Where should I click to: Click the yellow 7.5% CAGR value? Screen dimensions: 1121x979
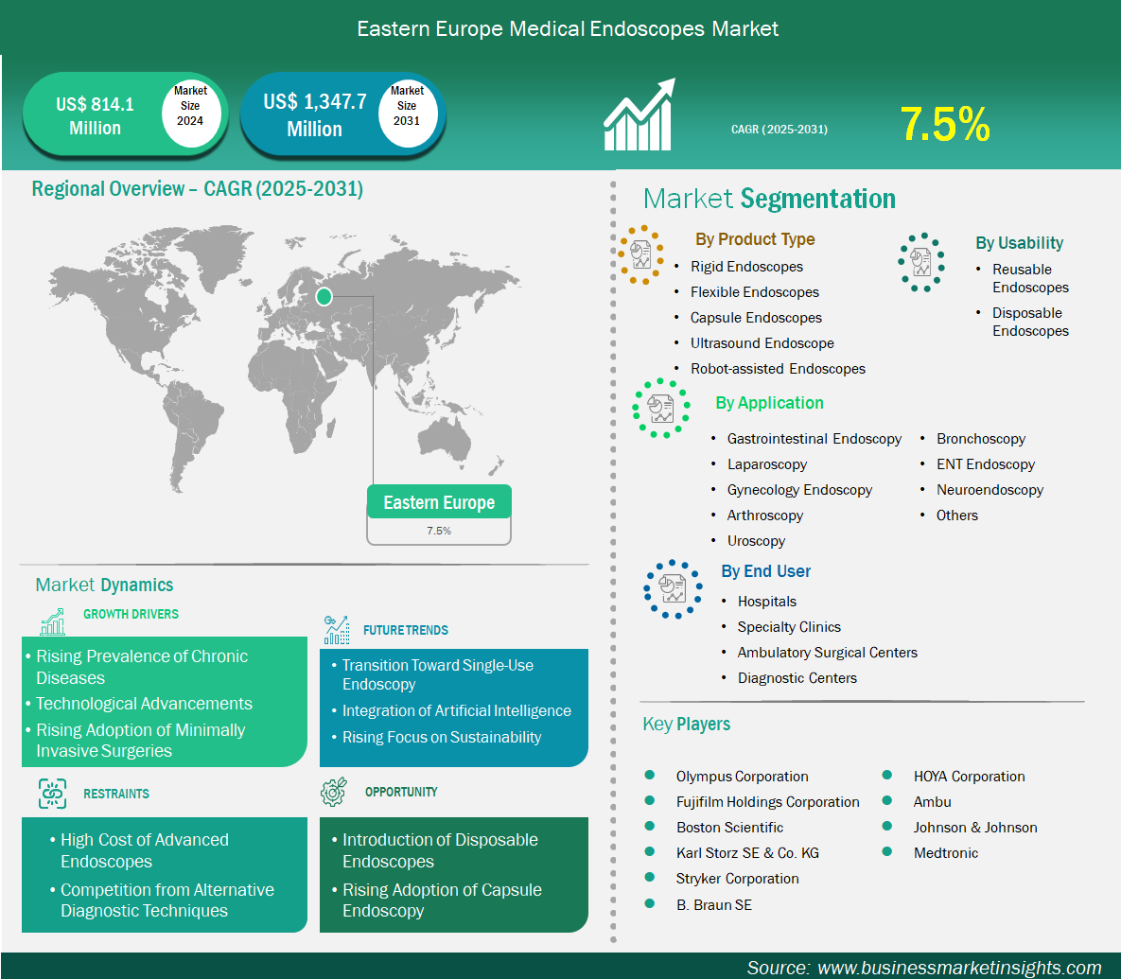tap(944, 124)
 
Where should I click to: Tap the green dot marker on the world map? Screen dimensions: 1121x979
tap(324, 297)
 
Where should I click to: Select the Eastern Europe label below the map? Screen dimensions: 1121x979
tap(439, 502)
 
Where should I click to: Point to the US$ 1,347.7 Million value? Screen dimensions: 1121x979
tap(315, 115)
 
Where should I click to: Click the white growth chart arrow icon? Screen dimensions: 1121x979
tap(639, 114)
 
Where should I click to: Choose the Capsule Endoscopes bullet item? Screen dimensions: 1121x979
tap(756, 317)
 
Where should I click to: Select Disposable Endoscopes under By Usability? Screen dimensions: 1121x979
tap(1030, 322)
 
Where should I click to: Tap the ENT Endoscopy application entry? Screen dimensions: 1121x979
tap(985, 464)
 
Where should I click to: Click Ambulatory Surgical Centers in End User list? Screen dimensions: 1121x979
tap(827, 653)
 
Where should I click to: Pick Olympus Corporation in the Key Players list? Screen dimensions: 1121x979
tap(742, 776)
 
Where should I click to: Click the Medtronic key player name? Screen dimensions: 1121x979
tap(946, 852)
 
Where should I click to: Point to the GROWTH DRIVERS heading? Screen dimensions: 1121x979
tap(131, 614)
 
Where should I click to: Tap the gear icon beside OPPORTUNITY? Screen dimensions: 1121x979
tap(334, 792)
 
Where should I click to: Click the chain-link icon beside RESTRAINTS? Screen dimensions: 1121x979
tap(52, 794)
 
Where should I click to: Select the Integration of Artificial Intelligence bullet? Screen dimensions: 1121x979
tap(456, 711)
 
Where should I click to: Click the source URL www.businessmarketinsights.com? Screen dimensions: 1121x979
tap(958, 968)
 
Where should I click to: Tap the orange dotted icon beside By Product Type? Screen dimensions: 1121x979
tap(641, 255)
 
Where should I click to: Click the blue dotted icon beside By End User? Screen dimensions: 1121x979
tap(673, 589)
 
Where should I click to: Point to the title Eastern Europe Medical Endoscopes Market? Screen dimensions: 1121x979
tap(568, 28)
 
